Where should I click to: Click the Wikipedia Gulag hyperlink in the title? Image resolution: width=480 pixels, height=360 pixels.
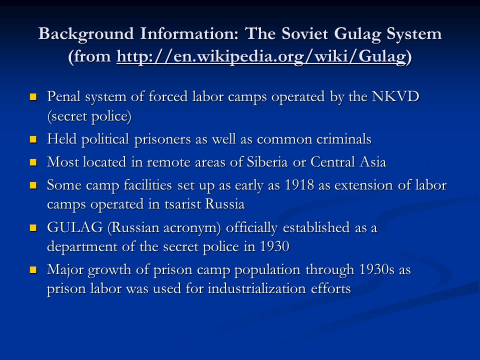coord(262,56)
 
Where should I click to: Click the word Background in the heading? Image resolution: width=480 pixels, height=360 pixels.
coord(86,34)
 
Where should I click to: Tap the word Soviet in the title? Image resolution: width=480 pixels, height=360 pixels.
coord(305,33)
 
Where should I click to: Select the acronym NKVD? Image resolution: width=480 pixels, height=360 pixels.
coord(395,96)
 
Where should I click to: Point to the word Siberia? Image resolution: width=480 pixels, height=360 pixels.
coord(267,162)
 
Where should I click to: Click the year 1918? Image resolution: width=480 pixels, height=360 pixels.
coord(299,185)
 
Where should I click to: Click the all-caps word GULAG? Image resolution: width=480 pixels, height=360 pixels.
coord(75,227)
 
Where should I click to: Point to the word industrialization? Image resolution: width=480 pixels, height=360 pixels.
coord(257,288)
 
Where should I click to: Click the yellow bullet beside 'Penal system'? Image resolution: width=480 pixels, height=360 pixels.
coord(33,97)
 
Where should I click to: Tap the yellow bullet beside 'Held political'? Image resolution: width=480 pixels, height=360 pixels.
coord(33,139)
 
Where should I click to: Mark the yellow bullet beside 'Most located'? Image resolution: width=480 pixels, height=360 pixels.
coord(33,162)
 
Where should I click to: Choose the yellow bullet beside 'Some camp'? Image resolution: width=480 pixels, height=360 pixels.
coord(33,185)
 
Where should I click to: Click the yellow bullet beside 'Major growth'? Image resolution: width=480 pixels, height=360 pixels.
coord(33,269)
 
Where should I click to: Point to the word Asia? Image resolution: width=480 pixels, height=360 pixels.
coord(373,162)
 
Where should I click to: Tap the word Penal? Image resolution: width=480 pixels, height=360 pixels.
coord(64,96)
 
